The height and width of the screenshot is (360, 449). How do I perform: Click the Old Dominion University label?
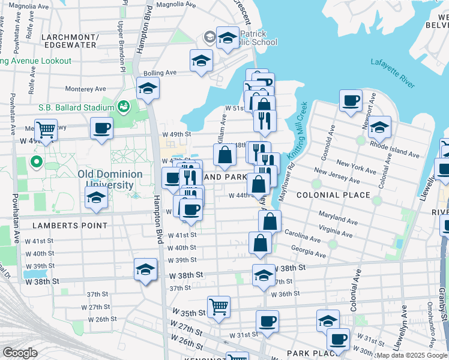tap(110, 179)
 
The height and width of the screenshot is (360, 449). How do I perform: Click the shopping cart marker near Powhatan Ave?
tap(46, 128)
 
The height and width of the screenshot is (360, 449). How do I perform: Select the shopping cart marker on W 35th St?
tap(219, 306)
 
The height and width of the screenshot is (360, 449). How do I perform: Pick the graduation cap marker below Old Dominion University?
tap(96, 197)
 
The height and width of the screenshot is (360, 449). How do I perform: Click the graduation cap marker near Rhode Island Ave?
tap(379, 127)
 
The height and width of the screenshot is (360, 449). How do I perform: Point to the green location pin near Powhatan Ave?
tap(35, 161)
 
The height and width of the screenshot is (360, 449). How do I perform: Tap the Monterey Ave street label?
tap(86, 89)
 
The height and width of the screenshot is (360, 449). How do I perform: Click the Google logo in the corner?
tap(20, 353)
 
